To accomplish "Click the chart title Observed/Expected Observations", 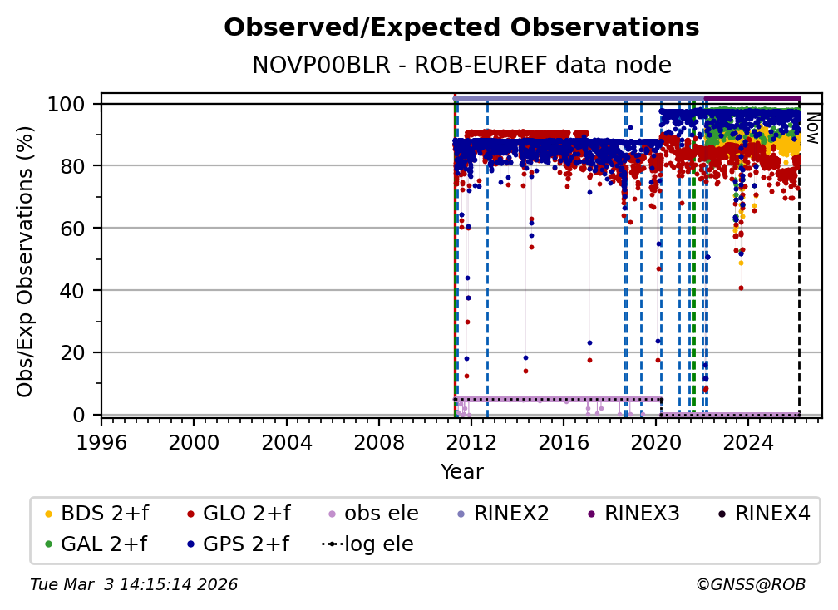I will coord(461,28).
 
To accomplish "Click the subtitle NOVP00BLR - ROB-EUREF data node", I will coord(461,65).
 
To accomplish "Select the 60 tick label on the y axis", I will coord(76,229).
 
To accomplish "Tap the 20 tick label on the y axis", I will coord(76,352).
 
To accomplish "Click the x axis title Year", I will coord(461,472).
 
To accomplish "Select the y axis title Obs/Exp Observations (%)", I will coord(26,261).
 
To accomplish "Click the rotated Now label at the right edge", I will coord(813,128).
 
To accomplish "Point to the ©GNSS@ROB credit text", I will coord(750,585).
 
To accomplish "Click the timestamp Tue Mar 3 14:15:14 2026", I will coord(134,585).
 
